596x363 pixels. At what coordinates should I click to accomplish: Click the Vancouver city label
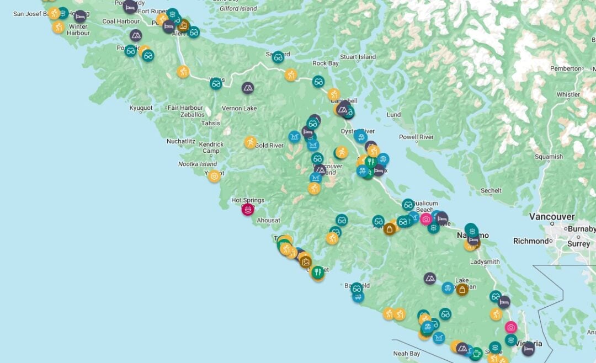coord(552,217)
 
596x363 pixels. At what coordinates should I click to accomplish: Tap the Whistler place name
coord(568,94)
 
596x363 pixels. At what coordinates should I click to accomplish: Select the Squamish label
coord(549,157)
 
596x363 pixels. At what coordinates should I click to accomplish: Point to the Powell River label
coord(416,137)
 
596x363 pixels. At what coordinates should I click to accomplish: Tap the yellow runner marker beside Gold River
coord(251,142)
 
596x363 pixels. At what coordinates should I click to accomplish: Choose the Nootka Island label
coord(198,164)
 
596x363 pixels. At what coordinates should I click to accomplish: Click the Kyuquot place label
coord(141,108)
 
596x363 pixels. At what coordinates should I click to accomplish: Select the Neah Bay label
coord(406,354)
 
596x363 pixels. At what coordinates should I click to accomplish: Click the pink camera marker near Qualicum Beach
coord(425,219)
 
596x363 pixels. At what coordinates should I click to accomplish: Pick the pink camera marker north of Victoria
coord(511,327)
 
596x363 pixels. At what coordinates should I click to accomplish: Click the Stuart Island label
coord(358,57)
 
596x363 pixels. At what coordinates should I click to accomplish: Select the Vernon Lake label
coord(239,108)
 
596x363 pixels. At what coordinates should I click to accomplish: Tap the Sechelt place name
coord(491,191)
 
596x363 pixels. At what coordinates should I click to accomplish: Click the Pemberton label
coord(566,68)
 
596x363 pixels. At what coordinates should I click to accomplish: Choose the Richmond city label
coord(530,241)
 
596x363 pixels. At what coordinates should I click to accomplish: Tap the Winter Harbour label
coord(78,30)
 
